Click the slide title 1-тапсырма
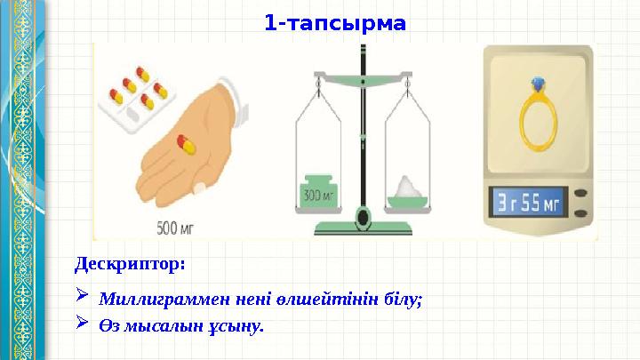pos(334,21)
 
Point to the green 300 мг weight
pos(317,188)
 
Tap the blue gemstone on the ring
pos(536,84)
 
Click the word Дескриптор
pos(130,264)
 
